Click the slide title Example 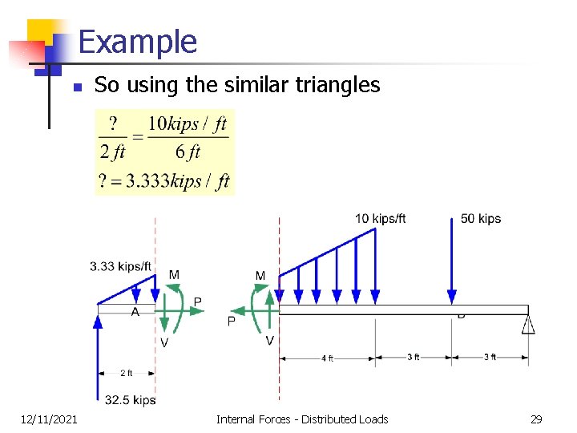(x=138, y=42)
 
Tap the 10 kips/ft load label (x=381, y=219)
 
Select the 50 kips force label (x=481, y=219)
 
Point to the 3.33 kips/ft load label (x=121, y=266)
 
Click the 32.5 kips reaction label (x=131, y=399)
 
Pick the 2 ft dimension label (x=127, y=373)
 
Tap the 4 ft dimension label (x=327, y=358)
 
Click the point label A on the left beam (x=135, y=312)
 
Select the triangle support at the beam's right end (x=528, y=324)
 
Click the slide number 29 (x=535, y=419)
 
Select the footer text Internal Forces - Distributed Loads (x=302, y=419)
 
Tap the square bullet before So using (x=75, y=87)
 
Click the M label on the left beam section (x=174, y=275)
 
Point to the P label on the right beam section (x=232, y=322)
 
